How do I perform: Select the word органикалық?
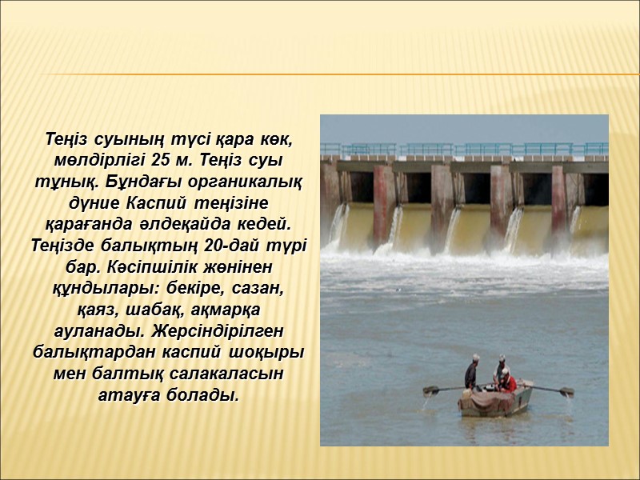coord(244,177)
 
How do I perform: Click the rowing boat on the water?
coord(496,399)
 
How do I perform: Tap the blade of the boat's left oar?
coord(432,391)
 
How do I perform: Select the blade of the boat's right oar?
coord(566,391)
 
